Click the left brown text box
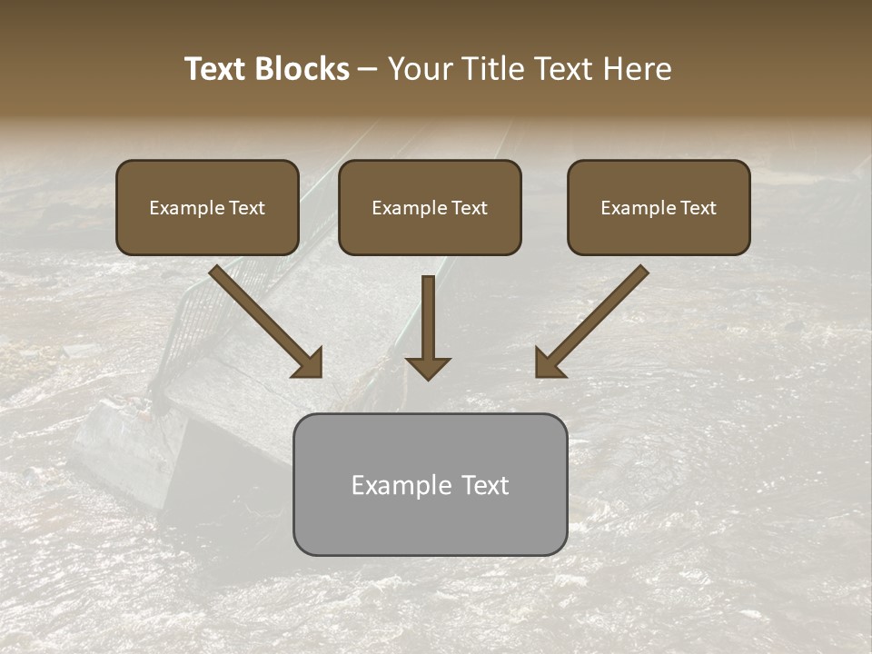[x=207, y=207]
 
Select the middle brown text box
[x=430, y=207]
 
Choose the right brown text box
[x=659, y=207]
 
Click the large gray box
[x=430, y=484]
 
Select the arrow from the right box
[x=595, y=318]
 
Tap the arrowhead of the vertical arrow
[x=428, y=367]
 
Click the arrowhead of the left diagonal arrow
[x=309, y=363]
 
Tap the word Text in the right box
[x=698, y=208]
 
